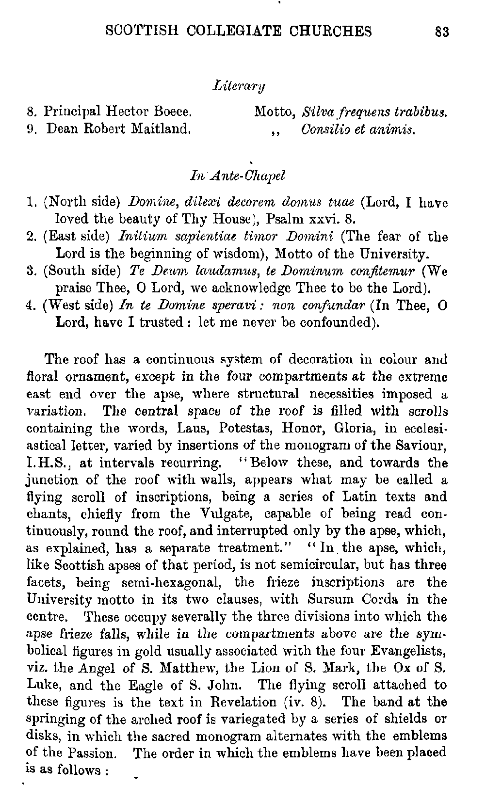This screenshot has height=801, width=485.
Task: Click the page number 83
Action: (x=442, y=32)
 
